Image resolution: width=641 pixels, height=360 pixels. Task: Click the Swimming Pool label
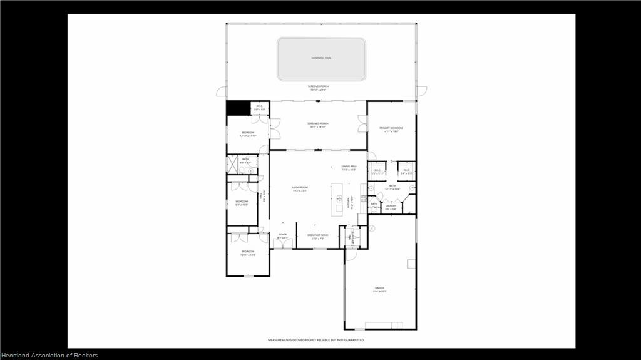pos(321,58)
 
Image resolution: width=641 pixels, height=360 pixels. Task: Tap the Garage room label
pos(380,289)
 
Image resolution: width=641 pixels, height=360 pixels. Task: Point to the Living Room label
pos(300,188)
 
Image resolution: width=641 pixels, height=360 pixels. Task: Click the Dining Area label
pos(349,167)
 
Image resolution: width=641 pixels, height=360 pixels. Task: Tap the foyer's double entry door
pos(282,244)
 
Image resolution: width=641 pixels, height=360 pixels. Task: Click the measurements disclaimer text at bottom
pos(316,340)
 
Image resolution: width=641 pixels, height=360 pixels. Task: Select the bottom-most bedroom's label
pos(249,253)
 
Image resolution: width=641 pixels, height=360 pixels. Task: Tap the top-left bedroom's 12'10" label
pos(249,135)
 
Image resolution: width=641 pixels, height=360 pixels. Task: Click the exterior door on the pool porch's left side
pos(221,91)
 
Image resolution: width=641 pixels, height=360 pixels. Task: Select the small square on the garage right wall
pos(411,264)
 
